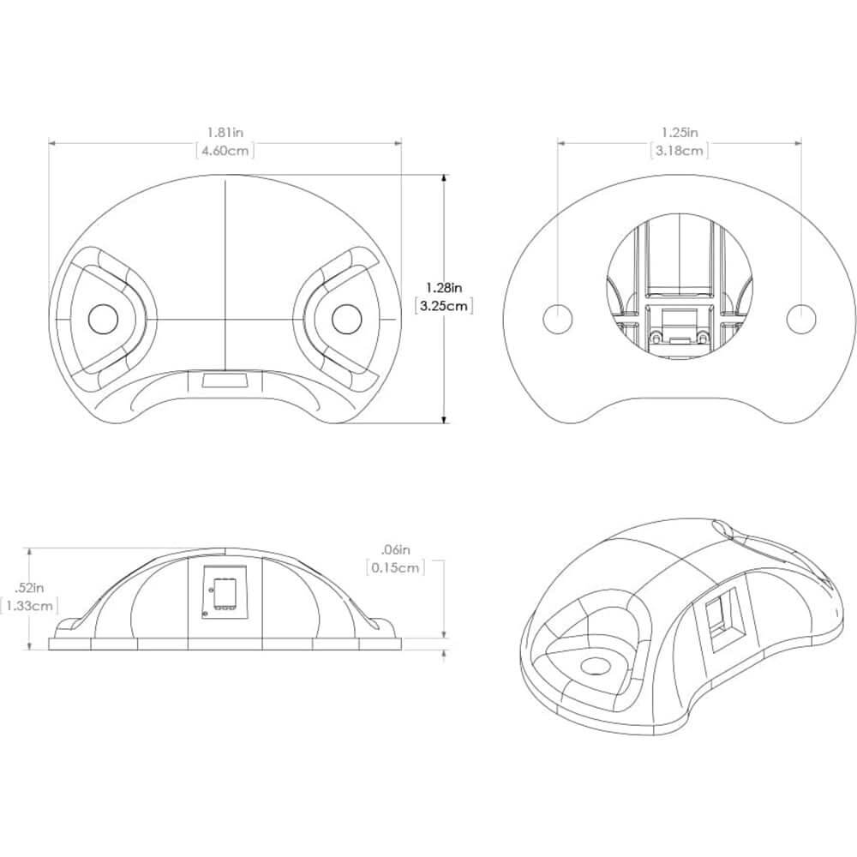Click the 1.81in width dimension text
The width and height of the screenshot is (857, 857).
[x=225, y=132]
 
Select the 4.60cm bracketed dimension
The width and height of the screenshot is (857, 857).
[x=225, y=151]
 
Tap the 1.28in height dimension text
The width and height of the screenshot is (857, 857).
[x=444, y=286]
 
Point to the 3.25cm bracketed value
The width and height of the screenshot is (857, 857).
[x=444, y=306]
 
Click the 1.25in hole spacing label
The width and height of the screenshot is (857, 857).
[x=680, y=132]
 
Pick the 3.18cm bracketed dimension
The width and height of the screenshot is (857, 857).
[x=680, y=151]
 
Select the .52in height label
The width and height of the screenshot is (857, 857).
[x=29, y=588]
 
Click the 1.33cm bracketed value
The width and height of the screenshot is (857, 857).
[x=29, y=606]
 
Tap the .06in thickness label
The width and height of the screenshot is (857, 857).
[x=395, y=549]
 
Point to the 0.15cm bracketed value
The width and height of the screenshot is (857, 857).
[x=395, y=568]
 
